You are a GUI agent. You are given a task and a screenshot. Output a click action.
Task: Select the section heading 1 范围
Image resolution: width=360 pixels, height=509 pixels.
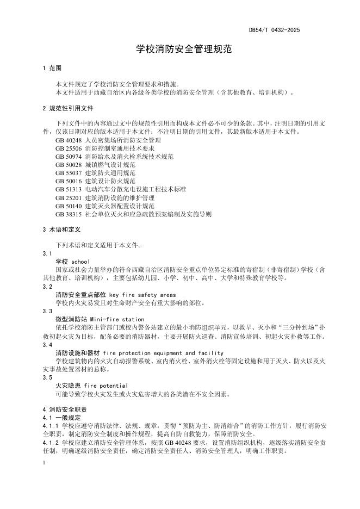[52, 69]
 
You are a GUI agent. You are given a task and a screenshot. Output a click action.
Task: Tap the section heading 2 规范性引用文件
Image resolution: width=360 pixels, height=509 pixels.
[68, 108]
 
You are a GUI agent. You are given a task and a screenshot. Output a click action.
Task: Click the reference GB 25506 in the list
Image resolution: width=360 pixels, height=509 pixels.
[68, 148]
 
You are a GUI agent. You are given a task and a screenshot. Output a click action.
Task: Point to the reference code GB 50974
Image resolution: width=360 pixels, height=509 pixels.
[68, 157]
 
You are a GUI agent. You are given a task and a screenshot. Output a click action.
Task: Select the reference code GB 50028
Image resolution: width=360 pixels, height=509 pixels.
[68, 165]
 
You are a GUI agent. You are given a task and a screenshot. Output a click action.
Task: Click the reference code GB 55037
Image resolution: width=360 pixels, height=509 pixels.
[68, 173]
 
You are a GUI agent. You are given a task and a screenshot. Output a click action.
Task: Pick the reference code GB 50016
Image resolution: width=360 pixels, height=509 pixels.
[68, 181]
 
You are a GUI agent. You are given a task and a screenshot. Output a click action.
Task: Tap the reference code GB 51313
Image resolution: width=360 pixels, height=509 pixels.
[68, 189]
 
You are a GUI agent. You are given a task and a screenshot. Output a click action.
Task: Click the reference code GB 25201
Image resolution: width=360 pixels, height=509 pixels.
[68, 198]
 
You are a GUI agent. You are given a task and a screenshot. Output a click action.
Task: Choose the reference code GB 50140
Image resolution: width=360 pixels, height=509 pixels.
[68, 206]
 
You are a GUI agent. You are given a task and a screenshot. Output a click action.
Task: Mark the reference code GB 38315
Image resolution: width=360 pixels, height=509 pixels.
[68, 214]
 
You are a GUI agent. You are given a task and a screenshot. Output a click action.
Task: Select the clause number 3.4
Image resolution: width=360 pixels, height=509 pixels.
[47, 345]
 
